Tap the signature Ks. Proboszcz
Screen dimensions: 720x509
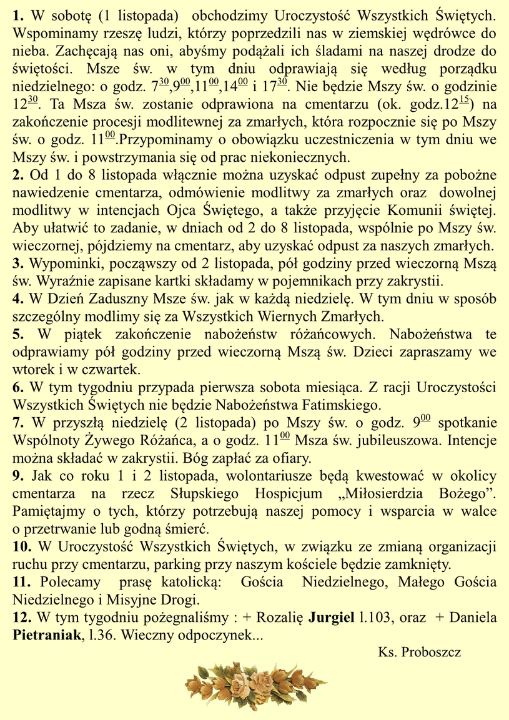coord(419,653)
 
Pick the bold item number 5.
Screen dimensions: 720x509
coord(18,334)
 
